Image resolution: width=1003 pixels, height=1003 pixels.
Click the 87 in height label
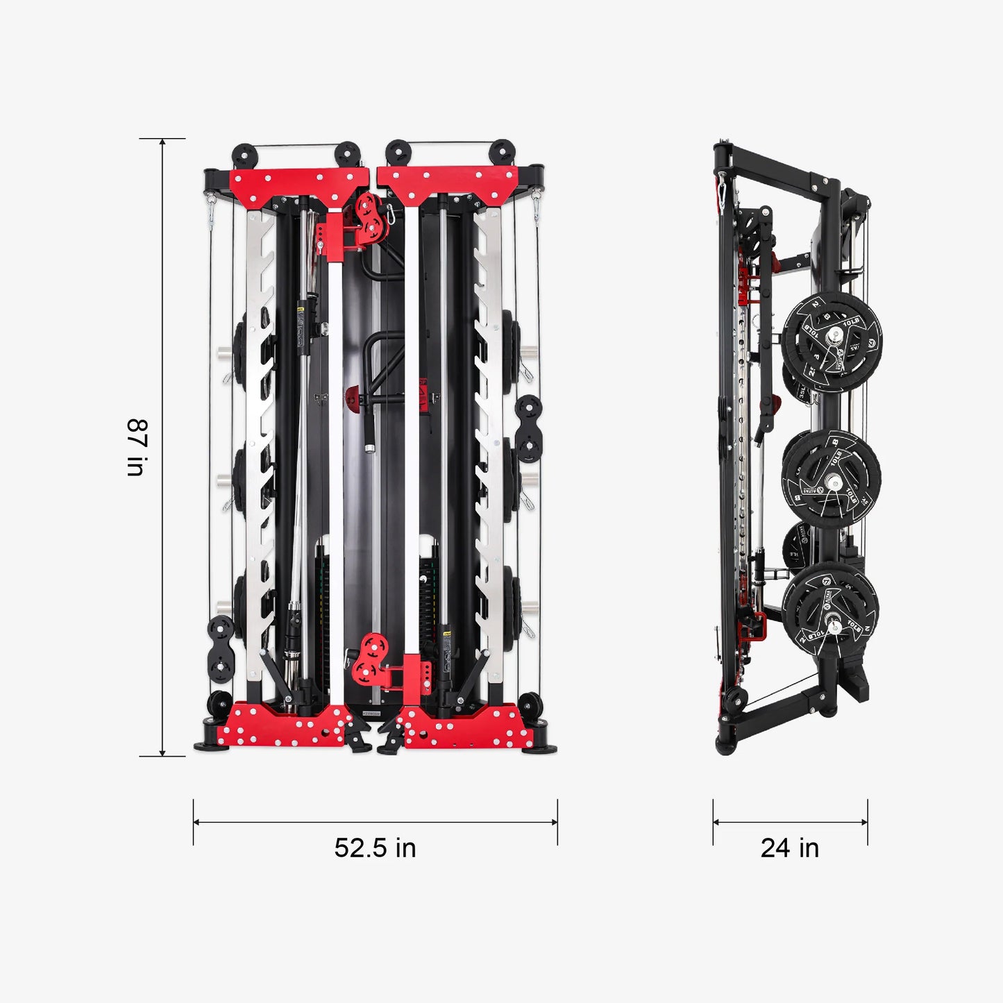136,447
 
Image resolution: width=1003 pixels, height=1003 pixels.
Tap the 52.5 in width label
375,848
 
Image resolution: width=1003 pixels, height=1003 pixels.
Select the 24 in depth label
789,848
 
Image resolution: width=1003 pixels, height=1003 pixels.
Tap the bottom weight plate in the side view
831,611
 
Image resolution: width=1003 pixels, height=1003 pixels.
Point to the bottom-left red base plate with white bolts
285,725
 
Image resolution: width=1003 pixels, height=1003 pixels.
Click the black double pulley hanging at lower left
221,649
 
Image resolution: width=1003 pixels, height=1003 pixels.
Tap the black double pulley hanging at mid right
528,428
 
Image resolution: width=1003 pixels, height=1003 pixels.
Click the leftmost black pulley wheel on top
244,155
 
